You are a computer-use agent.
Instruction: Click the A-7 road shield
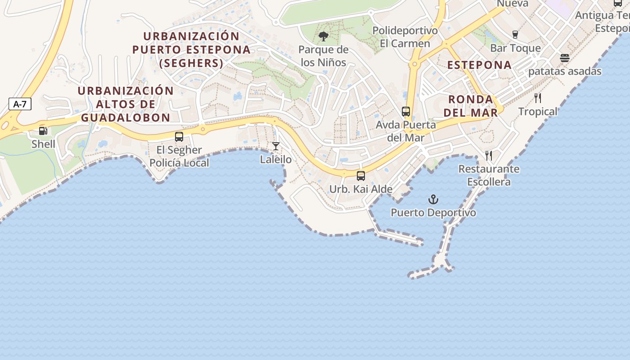pyautogui.click(x=20, y=104)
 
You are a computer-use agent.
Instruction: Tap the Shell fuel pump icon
pyautogui.click(x=43, y=131)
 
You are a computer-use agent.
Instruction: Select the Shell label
pyautogui.click(x=43, y=144)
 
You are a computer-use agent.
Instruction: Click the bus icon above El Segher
pyautogui.click(x=179, y=137)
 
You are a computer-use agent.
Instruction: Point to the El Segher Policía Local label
pyautogui.click(x=179, y=156)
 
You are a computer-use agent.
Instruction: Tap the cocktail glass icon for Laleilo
pyautogui.click(x=276, y=146)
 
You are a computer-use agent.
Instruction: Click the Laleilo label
pyautogui.click(x=276, y=159)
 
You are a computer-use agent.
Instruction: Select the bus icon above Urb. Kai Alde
pyautogui.click(x=361, y=176)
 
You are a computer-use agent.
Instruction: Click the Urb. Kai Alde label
pyautogui.click(x=361, y=189)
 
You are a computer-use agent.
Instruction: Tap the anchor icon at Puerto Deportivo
pyautogui.click(x=433, y=199)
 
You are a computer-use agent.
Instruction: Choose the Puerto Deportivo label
pyautogui.click(x=433, y=212)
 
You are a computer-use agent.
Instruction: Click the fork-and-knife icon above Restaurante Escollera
pyautogui.click(x=489, y=156)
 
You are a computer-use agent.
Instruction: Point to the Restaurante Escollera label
pyautogui.click(x=489, y=175)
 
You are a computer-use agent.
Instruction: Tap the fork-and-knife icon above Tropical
pyautogui.click(x=538, y=98)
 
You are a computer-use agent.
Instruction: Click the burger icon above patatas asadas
pyautogui.click(x=565, y=58)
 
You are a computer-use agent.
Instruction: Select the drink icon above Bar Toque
pyautogui.click(x=515, y=35)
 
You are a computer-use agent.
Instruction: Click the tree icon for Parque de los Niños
pyautogui.click(x=323, y=36)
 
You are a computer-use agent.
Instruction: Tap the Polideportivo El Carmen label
pyautogui.click(x=405, y=37)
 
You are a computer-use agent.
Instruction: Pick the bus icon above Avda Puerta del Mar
pyautogui.click(x=406, y=112)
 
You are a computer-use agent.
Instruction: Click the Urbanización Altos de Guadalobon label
pyautogui.click(x=126, y=104)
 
